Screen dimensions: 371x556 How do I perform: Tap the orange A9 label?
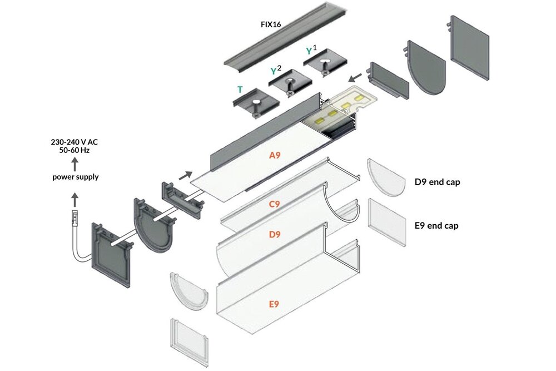click(x=275, y=156)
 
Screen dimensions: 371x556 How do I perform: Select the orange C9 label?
click(x=275, y=204)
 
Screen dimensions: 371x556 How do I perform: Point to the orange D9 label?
click(x=275, y=234)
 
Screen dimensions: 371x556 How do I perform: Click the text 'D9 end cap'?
click(x=438, y=182)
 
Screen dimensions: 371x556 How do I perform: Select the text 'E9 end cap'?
click(x=437, y=226)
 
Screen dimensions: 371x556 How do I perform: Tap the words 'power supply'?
click(x=75, y=177)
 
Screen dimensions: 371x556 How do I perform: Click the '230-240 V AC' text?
click(x=75, y=142)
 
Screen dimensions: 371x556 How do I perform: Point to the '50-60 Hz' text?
click(x=75, y=151)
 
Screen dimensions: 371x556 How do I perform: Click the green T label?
click(x=240, y=89)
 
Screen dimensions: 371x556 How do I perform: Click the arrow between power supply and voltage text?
click(x=75, y=164)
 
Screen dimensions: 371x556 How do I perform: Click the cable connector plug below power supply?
click(x=74, y=219)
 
